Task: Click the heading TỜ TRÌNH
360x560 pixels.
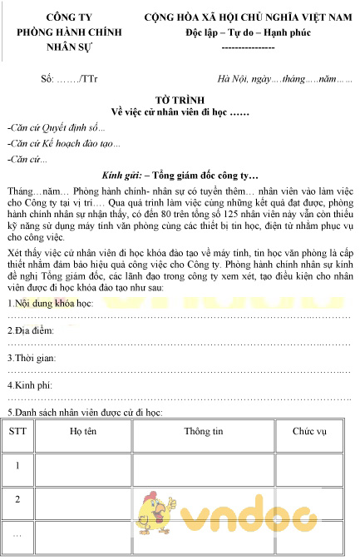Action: pyautogui.click(x=180, y=98)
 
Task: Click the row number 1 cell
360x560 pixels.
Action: pyautogui.click(x=17, y=465)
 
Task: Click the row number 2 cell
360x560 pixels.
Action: pyautogui.click(x=17, y=499)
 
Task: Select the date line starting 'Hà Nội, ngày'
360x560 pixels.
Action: pyautogui.click(x=284, y=79)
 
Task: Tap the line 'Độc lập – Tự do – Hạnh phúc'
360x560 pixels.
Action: pyautogui.click(x=248, y=33)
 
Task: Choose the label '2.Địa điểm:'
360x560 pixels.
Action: pyautogui.click(x=32, y=354)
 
